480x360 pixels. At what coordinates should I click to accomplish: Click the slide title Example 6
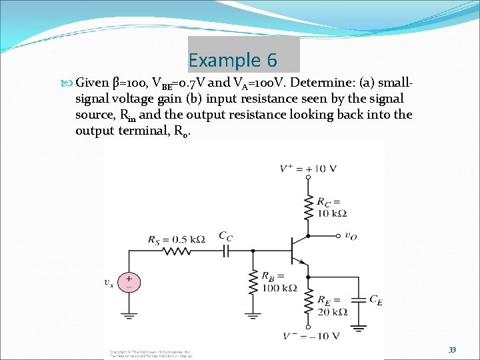(x=233, y=60)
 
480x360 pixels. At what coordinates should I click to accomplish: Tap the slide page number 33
(x=453, y=350)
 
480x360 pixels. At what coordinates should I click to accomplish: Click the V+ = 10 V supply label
(x=308, y=169)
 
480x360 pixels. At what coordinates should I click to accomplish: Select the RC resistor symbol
(x=308, y=207)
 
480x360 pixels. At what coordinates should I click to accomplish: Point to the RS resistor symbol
(x=176, y=252)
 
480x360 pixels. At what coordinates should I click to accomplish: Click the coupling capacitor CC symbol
(x=226, y=251)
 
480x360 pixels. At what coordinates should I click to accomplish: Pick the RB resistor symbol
(x=253, y=284)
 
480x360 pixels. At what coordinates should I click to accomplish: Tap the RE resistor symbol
(x=308, y=303)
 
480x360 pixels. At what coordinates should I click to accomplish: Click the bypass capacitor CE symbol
(x=359, y=299)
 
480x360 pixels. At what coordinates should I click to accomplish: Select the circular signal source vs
(x=129, y=281)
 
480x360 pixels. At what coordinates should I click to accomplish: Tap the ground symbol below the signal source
(x=129, y=315)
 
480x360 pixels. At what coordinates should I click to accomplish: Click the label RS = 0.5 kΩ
(x=176, y=239)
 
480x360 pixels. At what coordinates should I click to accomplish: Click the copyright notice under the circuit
(x=151, y=353)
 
